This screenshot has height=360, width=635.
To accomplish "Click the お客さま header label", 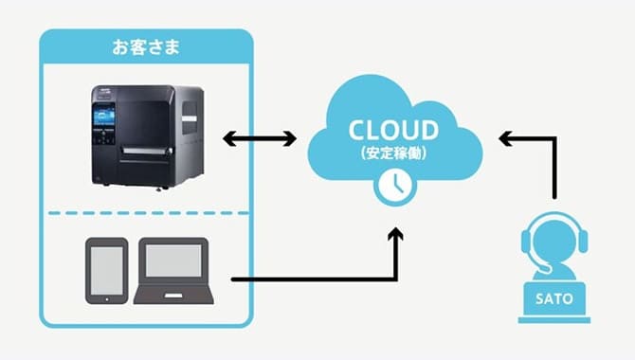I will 146,45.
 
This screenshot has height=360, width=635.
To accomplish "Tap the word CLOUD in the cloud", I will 393,130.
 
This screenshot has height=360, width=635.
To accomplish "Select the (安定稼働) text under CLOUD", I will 393,152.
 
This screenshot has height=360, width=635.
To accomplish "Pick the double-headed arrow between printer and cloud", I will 260,139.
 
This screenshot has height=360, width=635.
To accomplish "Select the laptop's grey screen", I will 172,261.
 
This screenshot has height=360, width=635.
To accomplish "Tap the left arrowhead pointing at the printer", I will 228,139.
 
